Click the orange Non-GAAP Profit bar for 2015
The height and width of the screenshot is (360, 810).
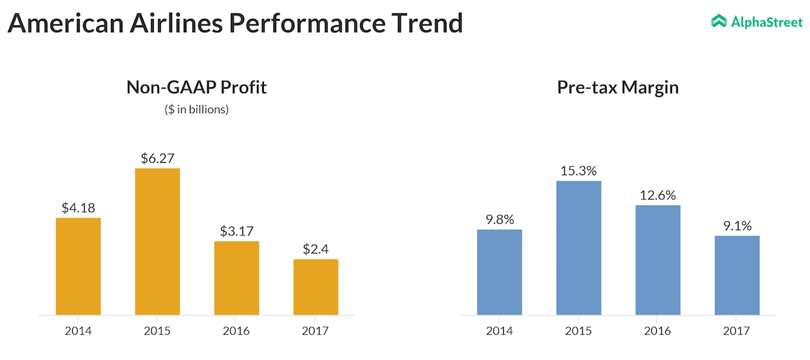(x=157, y=241)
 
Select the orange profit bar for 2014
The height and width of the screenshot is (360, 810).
(x=78, y=266)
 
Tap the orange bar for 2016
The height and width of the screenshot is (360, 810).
(x=236, y=278)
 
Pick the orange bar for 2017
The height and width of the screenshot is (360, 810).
(x=315, y=287)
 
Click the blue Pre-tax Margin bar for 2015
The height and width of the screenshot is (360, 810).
(x=578, y=247)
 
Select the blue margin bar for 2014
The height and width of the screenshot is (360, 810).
(x=499, y=271)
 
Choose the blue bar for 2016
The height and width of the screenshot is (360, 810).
(x=657, y=259)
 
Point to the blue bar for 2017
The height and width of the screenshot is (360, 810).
(x=737, y=275)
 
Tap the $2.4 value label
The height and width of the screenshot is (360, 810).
(x=315, y=249)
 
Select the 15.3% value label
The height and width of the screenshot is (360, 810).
(x=578, y=170)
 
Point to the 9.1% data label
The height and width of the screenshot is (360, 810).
(x=737, y=225)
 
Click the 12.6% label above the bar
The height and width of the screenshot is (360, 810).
(x=657, y=194)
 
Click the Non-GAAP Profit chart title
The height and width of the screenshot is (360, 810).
(x=196, y=87)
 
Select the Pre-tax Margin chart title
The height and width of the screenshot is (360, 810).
(x=618, y=87)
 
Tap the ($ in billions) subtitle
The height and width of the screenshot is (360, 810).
(x=196, y=109)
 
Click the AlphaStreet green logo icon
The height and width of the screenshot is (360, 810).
(x=719, y=22)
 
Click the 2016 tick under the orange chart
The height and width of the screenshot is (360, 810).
(x=236, y=331)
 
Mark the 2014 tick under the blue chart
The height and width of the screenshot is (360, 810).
(x=499, y=331)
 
